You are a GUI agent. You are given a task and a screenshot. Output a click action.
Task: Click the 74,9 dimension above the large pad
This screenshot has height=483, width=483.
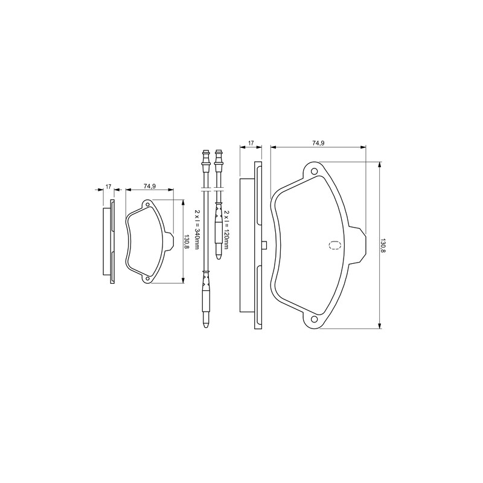319,143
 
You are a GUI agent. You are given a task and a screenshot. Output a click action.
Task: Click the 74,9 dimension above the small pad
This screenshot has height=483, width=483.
149,187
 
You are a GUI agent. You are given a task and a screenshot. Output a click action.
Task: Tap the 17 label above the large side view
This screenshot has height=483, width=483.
251,143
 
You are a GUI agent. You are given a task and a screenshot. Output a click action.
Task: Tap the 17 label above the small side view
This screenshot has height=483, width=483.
108,187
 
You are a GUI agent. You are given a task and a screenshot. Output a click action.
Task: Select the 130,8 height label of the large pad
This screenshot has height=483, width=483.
383,245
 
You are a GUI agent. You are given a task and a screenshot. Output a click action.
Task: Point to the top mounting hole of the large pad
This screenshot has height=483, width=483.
314,171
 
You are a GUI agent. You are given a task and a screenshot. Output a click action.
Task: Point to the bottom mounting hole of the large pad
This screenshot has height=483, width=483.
314,319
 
